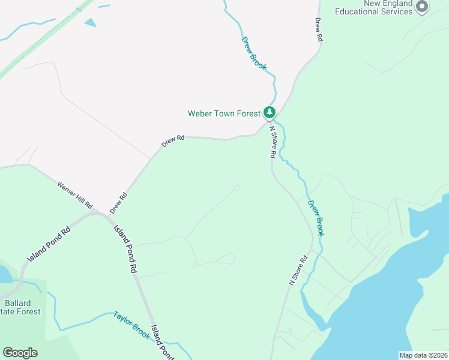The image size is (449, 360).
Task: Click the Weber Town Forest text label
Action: tap(224, 113)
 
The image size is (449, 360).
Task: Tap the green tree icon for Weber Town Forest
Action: tap(270, 112)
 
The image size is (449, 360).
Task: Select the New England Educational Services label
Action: tap(373, 8)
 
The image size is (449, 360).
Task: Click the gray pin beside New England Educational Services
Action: tap(422, 7)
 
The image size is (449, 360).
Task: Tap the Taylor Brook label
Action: tap(131, 325)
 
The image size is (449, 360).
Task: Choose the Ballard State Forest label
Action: tap(21, 307)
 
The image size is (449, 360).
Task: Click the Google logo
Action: tap(20, 353)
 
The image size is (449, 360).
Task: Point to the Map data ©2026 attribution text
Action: tap(423, 355)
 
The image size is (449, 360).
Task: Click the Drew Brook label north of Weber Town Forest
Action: tap(253, 53)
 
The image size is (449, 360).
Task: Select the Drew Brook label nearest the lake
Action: tap(316, 217)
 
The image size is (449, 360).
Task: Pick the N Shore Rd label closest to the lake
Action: tap(298, 270)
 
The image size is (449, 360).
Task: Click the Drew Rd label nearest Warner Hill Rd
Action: tap(119, 203)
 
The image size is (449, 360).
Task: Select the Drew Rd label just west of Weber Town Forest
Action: tap(173, 142)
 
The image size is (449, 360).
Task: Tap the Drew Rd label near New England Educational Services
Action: tap(319, 29)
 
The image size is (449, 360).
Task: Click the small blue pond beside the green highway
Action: tap(90, 23)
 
